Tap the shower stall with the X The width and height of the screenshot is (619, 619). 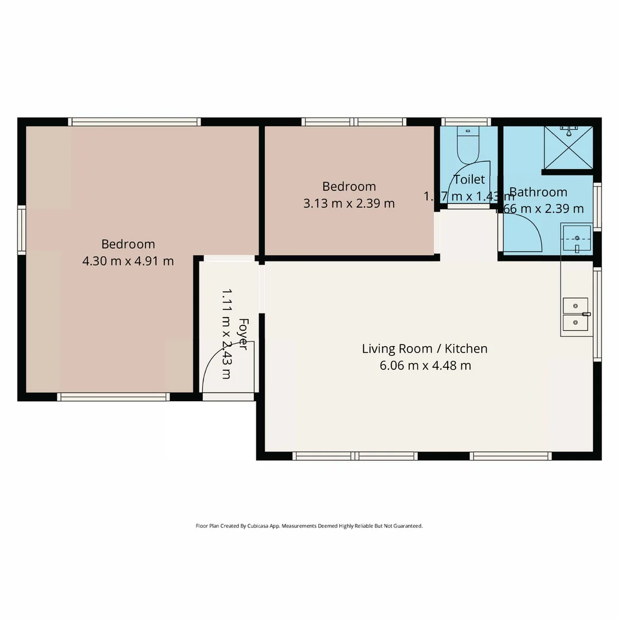point(568,147)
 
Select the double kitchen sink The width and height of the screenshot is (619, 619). point(575,315)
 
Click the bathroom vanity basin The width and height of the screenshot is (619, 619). point(577,238)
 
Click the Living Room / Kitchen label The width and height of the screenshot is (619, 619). point(424,348)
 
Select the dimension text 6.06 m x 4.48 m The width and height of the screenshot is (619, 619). point(425,366)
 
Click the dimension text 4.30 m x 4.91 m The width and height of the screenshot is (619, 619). point(128,261)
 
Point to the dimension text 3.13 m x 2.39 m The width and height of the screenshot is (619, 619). point(348,203)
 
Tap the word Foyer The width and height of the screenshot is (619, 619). point(243,334)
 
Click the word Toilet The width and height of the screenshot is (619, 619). point(469,179)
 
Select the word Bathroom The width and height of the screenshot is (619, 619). point(538,192)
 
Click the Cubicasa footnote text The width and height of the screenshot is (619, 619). point(309,526)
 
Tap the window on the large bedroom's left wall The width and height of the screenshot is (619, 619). point(22,229)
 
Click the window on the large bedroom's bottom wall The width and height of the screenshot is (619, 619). point(113,397)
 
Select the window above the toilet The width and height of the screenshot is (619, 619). point(467,122)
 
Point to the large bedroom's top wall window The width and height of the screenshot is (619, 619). point(135,122)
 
